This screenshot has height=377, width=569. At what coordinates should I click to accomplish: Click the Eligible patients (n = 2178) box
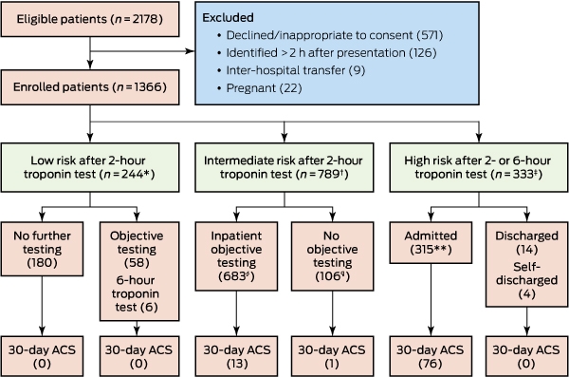(x=90, y=19)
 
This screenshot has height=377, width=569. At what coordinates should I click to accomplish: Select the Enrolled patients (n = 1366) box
(x=90, y=87)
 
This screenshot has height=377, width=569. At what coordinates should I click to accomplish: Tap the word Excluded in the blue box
(x=228, y=17)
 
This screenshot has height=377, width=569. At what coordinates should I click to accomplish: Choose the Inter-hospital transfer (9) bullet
(x=291, y=70)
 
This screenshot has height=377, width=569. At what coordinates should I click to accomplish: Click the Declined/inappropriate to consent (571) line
(x=330, y=35)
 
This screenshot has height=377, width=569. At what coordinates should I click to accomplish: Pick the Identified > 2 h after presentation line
(x=327, y=53)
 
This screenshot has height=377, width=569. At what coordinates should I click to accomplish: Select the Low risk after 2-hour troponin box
(x=90, y=167)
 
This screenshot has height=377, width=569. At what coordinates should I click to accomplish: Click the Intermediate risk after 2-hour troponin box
(x=284, y=167)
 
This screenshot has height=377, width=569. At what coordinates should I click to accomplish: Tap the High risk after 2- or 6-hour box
(x=479, y=167)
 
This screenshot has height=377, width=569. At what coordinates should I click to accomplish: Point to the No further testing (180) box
(x=42, y=249)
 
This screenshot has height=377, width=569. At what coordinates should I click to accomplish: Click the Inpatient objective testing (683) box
(x=236, y=256)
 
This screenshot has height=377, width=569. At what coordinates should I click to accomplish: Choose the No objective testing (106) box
(x=333, y=256)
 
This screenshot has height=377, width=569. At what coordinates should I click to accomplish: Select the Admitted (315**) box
(x=431, y=242)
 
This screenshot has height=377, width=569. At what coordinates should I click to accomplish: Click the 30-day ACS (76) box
(x=431, y=356)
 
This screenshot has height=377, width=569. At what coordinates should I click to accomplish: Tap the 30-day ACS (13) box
(x=236, y=356)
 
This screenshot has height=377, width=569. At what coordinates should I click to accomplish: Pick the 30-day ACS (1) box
(x=333, y=356)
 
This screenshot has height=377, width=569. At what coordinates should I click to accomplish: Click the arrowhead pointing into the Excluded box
(x=191, y=51)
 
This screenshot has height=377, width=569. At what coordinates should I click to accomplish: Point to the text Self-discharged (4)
(x=526, y=280)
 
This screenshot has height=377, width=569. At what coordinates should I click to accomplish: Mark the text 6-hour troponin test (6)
(x=137, y=293)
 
